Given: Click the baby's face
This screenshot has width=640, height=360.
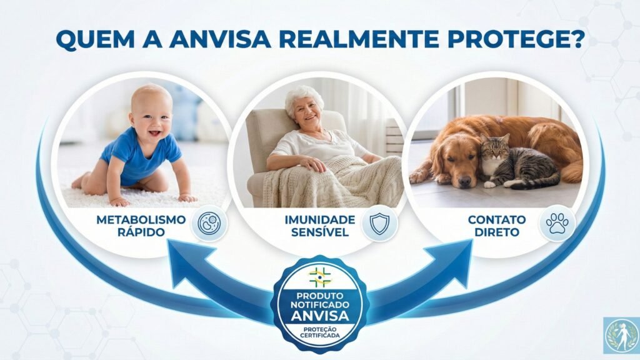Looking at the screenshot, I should [151, 112].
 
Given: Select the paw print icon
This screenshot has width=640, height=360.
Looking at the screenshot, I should [557, 223].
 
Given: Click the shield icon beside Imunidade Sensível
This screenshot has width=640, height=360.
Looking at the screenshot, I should [379, 224].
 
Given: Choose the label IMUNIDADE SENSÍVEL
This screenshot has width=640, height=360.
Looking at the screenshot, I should [320, 226].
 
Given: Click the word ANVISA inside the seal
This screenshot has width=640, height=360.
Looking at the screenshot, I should [320, 315].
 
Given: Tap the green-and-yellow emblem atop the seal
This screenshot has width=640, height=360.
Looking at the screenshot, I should [320, 276].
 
